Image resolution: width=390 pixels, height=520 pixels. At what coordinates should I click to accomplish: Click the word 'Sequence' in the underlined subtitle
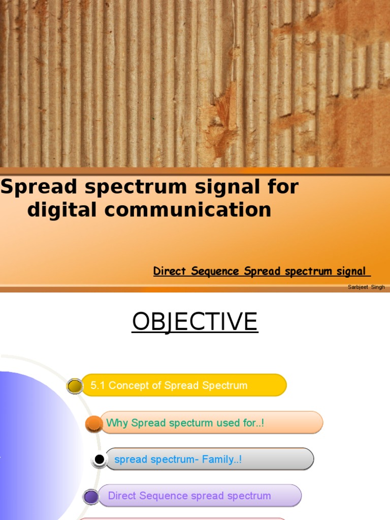pos(217,272)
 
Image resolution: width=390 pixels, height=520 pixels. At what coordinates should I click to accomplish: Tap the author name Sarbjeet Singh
pos(366,287)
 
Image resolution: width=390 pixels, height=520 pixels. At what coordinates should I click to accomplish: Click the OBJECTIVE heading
pos(195,321)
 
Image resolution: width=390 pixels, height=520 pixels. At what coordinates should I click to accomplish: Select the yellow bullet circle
pos(75,386)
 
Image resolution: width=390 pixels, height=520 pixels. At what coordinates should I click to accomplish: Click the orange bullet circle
pos(93,423)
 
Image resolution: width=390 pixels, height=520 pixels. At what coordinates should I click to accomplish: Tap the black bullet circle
pos(100,460)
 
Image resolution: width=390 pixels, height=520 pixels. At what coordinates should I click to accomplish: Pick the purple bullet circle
pos(91,497)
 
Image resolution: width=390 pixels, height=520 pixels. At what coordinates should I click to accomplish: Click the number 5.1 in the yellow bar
pos(98,385)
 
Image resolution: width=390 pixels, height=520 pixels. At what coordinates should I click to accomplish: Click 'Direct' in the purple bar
pos(122,496)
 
